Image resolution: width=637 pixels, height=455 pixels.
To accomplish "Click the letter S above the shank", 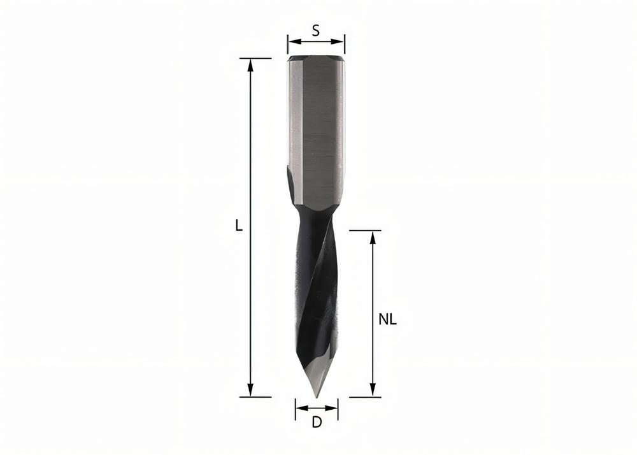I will [x=316, y=30].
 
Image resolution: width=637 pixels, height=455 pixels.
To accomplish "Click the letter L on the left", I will [x=239, y=226].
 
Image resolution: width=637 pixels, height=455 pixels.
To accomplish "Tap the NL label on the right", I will [x=387, y=320].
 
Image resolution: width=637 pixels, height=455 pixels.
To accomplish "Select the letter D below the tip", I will [x=316, y=422].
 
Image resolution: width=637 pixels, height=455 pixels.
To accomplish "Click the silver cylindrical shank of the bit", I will [x=316, y=115].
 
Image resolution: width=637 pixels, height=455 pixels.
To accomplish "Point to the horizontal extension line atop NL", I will [x=365, y=231].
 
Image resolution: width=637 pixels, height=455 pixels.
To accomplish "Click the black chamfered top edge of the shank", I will [x=316, y=59].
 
